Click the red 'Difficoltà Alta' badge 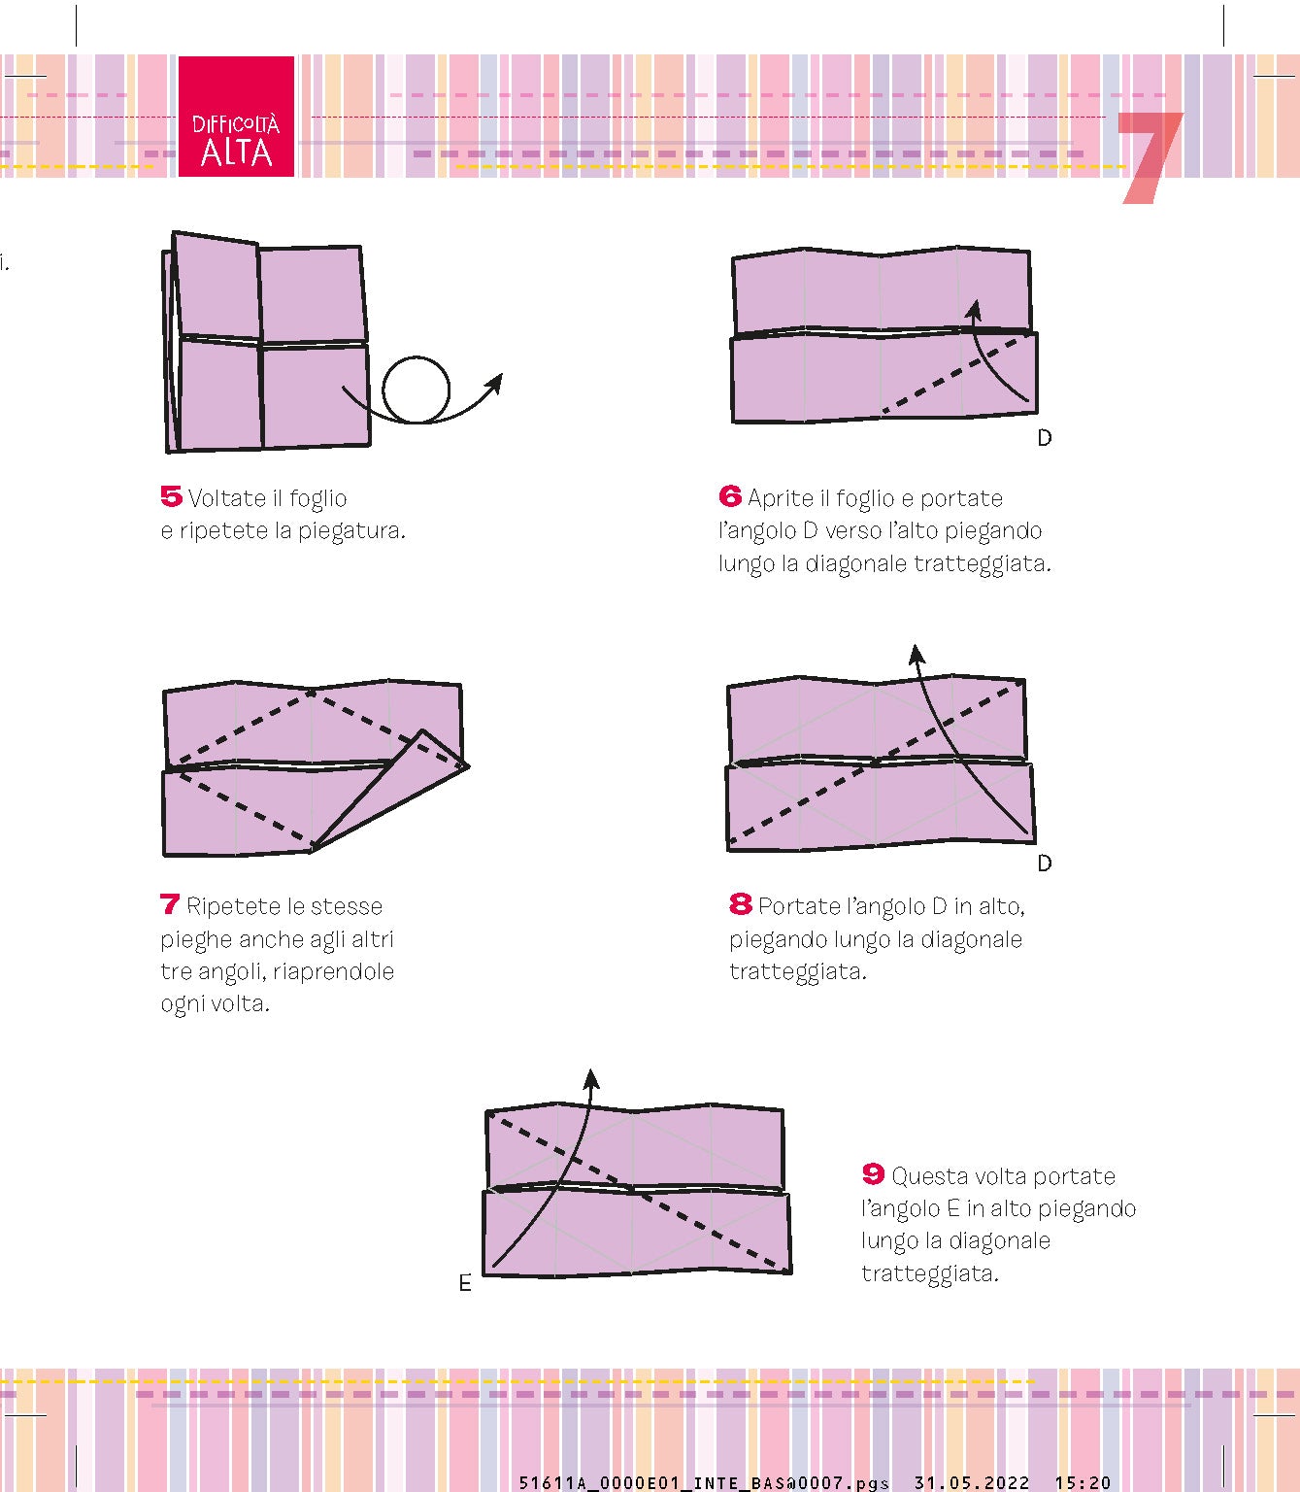[236, 117]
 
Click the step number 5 [171, 496]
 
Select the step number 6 [730, 496]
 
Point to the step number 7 [170, 904]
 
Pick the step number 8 [740, 904]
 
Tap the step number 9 [873, 1174]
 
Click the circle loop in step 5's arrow [417, 390]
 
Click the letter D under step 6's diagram [1045, 438]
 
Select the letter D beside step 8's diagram [1045, 864]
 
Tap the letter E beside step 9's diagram [465, 1284]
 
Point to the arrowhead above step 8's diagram [916, 654]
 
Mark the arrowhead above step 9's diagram [590, 1079]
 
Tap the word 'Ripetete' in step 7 [232, 906]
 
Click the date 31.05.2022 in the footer [971, 1482]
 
